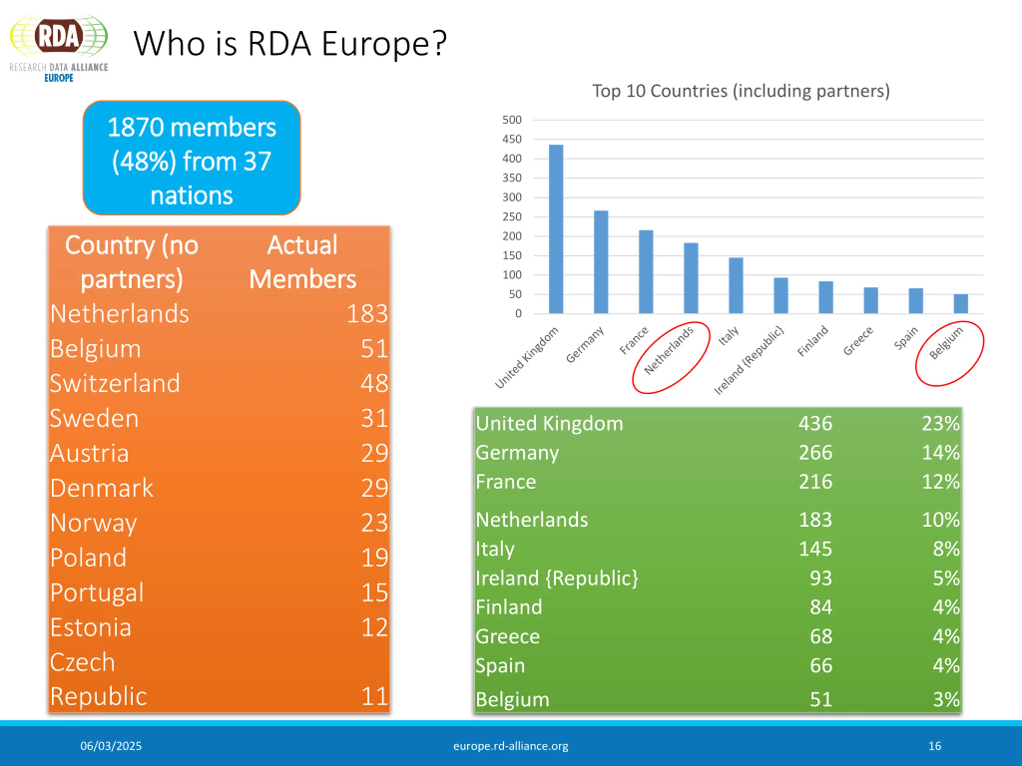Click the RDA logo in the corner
[x=59, y=48]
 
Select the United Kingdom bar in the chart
[x=556, y=229]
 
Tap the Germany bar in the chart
[x=601, y=262]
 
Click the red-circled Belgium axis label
[x=946, y=343]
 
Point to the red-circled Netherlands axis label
[x=669, y=350]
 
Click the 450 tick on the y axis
[x=511, y=139]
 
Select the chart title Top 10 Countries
[x=741, y=91]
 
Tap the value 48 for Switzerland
[x=374, y=383]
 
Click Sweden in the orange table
[x=94, y=419]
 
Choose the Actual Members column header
[x=303, y=262]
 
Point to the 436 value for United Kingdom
[x=816, y=423]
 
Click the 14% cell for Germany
[x=940, y=452]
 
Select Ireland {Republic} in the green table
[x=557, y=578]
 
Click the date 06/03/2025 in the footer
[x=111, y=746]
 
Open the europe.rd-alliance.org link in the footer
[x=511, y=746]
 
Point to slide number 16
[x=934, y=746]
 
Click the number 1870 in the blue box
[x=136, y=127]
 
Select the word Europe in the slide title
[x=384, y=44]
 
